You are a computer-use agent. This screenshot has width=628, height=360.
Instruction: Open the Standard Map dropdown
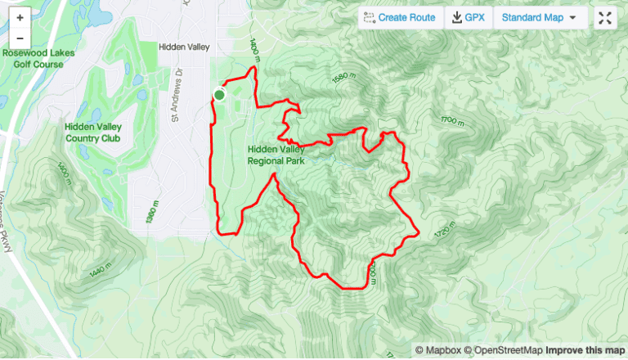539,17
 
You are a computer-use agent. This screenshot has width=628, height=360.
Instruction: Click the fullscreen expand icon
604,17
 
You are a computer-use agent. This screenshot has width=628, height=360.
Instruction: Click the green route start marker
219,95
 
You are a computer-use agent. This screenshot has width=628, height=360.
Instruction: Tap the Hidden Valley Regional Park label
276,155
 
